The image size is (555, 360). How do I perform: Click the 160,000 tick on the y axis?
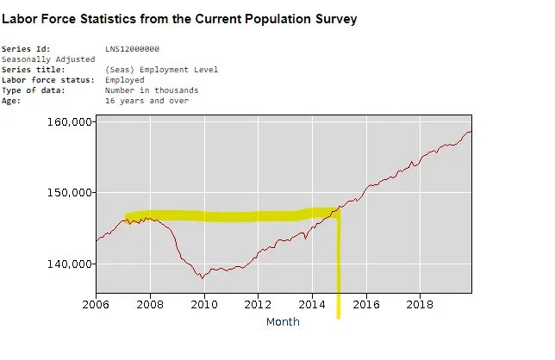click(68, 121)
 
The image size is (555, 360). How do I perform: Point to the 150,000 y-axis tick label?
click(68, 192)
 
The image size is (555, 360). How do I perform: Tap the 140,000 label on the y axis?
click(68, 264)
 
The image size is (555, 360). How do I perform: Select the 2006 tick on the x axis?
click(96, 303)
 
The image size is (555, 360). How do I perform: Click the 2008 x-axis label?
click(150, 303)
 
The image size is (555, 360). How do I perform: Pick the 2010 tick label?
click(204, 303)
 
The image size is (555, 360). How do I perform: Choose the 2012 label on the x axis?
click(258, 303)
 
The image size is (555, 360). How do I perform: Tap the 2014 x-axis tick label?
click(312, 303)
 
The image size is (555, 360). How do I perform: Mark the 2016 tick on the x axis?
click(366, 303)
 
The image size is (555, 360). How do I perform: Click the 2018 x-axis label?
click(420, 303)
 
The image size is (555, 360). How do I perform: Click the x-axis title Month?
click(283, 321)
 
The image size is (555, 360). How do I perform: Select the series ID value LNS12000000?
click(132, 49)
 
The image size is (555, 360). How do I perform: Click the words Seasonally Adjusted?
click(48, 59)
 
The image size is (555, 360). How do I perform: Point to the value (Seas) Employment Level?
click(161, 70)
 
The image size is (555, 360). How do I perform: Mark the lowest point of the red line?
click(203, 278)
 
